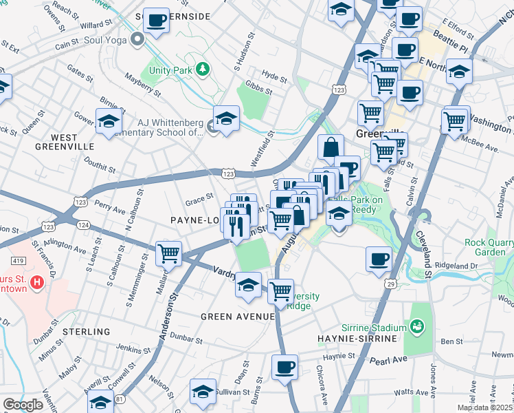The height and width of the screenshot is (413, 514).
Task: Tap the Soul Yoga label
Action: point(106,40)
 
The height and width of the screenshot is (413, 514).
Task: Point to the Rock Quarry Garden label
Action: point(489,247)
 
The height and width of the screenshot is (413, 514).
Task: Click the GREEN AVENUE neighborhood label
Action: point(238,316)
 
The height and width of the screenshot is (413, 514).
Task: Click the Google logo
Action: point(23,405)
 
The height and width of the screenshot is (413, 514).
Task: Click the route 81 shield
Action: point(121,398)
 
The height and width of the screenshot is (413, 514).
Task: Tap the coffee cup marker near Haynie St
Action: point(284,366)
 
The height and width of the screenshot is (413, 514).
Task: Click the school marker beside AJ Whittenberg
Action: point(226,118)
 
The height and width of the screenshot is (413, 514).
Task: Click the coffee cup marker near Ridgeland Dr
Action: point(379,259)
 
